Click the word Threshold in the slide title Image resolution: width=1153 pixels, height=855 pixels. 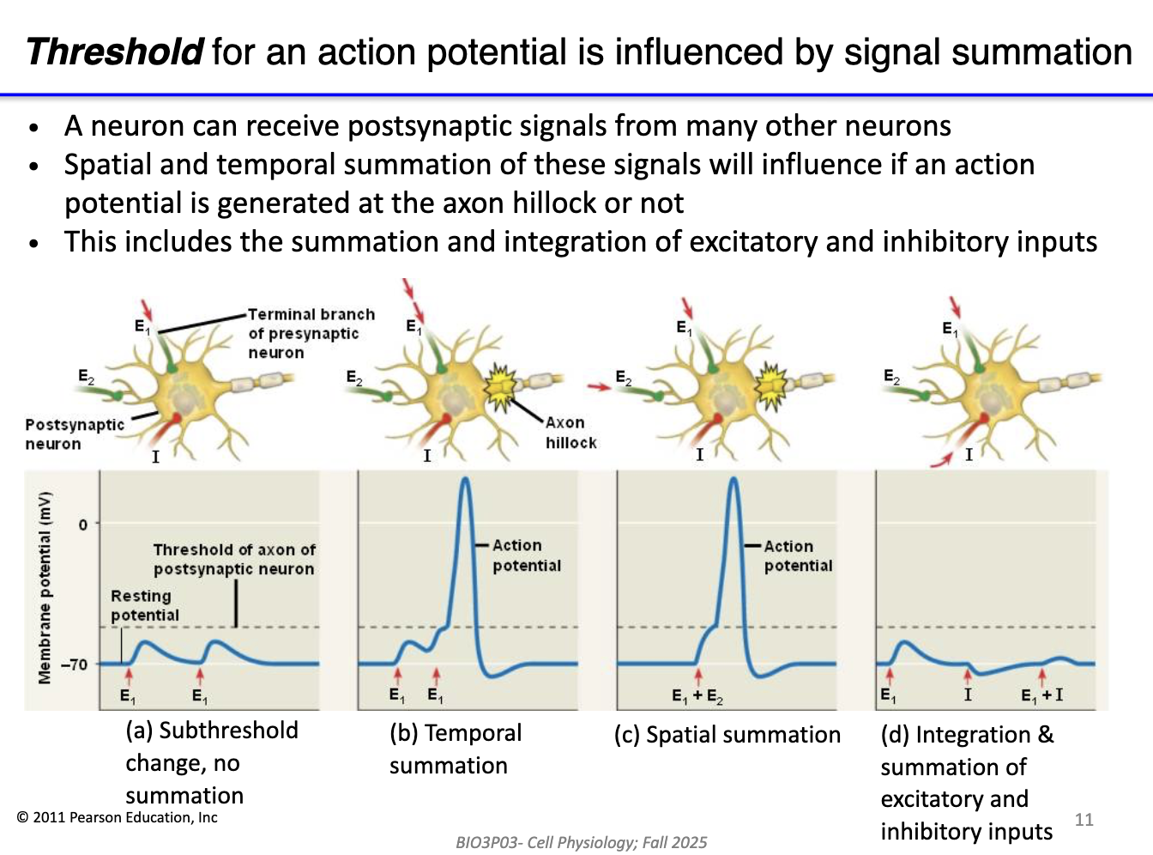coord(115,52)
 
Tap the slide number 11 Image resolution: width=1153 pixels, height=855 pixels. coord(1084,820)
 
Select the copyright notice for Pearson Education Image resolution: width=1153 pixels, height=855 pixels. coord(118,818)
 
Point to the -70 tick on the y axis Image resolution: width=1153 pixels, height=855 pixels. coord(74,664)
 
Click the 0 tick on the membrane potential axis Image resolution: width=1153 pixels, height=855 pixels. coord(83,525)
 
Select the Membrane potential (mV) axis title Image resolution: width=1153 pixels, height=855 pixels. coord(45,588)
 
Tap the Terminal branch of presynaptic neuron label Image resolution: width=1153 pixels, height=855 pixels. coord(311,333)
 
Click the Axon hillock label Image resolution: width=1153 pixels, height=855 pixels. coord(570,433)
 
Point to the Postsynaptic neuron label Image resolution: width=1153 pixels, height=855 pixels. coord(74,434)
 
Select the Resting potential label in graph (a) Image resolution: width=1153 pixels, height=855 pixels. coord(144,605)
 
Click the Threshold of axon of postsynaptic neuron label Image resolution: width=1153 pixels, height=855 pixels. coord(233,559)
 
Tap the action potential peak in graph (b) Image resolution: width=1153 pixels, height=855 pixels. coord(465,481)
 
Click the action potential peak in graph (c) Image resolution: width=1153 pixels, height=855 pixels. coord(733,481)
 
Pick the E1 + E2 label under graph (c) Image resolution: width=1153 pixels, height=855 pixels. coord(697,696)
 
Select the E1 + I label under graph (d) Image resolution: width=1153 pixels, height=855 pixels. coord(1041,695)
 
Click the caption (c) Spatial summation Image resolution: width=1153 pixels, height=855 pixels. coord(727,735)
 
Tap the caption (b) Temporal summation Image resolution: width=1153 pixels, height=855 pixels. coord(455,749)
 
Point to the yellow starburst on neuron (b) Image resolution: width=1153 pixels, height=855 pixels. coord(500,385)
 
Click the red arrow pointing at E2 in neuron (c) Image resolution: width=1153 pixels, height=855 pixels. coord(599,386)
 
